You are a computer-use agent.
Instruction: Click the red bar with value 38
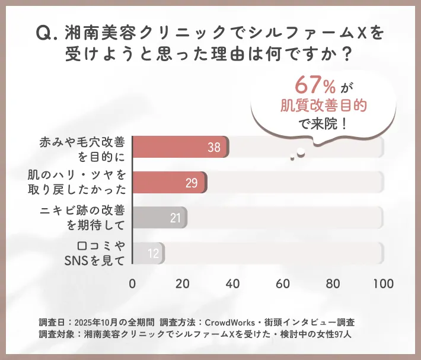point(180,148)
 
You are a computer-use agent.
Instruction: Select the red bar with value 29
point(169,183)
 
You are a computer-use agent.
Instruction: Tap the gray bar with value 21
point(159,218)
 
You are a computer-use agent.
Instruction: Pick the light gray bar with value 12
point(148,253)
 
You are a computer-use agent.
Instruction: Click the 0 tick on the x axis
point(132,282)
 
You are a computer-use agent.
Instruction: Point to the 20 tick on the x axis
point(183,282)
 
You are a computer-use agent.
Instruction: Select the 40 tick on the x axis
point(233,282)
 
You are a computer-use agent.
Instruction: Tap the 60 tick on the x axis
point(283,282)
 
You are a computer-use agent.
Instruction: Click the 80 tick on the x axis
point(334,282)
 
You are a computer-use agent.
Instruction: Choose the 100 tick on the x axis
point(384,282)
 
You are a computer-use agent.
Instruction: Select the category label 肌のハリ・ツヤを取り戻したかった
point(77,183)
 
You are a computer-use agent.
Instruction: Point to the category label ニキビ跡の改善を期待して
point(83,218)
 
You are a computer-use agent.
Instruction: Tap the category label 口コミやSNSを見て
point(95,253)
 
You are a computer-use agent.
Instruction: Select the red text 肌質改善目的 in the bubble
point(323,106)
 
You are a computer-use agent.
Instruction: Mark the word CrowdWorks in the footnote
point(229,322)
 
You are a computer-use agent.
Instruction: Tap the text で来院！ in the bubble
point(324,125)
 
